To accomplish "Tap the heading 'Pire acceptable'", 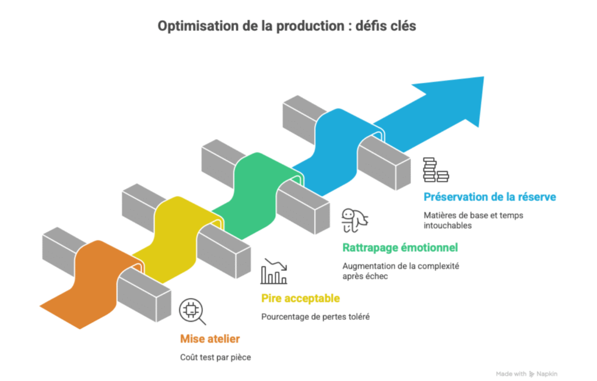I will coord(300,299).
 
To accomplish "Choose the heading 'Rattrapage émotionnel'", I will coord(400,248).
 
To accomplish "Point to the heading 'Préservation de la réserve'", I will coord(490,197).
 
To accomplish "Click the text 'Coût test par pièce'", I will coord(216,357).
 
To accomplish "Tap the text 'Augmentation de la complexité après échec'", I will coord(401,271).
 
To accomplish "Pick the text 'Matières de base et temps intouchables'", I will coord(473,220).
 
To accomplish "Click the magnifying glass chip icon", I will coord(192,312).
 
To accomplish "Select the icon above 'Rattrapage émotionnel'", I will coord(354,220).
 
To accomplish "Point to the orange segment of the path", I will coord(87,285).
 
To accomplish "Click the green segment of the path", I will coord(257,186).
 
